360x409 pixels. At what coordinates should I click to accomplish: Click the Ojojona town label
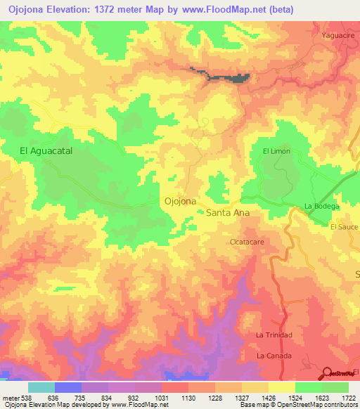point(180,201)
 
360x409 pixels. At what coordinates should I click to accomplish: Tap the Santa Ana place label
point(227,211)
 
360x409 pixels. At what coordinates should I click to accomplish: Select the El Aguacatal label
point(46,150)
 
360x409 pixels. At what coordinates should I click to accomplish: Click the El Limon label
point(276,151)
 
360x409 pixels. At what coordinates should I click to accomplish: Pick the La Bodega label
point(322,206)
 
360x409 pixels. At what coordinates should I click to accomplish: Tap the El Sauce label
point(344,227)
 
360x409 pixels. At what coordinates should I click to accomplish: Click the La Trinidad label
point(274,335)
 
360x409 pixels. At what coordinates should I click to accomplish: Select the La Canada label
point(273,356)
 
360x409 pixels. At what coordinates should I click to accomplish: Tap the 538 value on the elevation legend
point(23,397)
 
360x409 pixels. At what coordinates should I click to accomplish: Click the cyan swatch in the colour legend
point(41,387)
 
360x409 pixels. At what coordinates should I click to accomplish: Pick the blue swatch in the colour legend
point(68,387)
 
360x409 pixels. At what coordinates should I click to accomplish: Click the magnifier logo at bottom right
point(328,373)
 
